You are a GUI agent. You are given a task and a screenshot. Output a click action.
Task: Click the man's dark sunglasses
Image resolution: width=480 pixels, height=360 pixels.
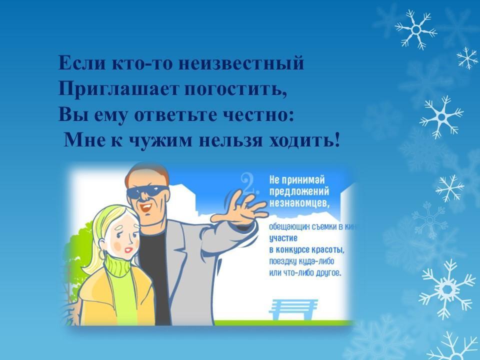click(x=147, y=192)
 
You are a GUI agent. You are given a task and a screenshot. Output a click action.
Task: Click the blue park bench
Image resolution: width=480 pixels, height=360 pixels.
click(x=293, y=309)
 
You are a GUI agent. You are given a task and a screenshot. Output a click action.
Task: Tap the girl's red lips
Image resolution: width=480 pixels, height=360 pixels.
click(x=129, y=250)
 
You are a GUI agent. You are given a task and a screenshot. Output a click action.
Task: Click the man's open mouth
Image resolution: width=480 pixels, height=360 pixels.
click(x=146, y=207)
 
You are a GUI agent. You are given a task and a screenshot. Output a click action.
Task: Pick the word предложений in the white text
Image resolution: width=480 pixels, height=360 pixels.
click(x=299, y=192)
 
